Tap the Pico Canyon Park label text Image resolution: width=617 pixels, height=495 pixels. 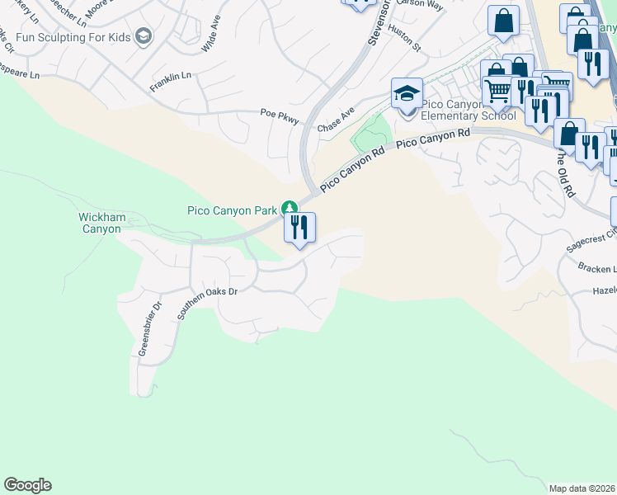click(x=231, y=210)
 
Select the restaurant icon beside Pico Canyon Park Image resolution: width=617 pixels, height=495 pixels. click(x=299, y=227)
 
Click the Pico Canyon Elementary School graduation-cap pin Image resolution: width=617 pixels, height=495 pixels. click(x=407, y=96)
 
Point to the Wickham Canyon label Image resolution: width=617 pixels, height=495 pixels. click(x=101, y=223)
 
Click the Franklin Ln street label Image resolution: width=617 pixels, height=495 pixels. click(x=170, y=81)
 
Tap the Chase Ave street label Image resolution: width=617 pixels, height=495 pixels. click(x=336, y=120)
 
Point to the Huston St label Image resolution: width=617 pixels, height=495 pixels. click(x=404, y=38)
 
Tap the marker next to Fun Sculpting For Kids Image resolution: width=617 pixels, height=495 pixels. click(x=144, y=36)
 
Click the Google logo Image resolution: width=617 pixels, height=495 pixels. click(x=27, y=485)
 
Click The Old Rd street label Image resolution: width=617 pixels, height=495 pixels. click(x=564, y=174)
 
